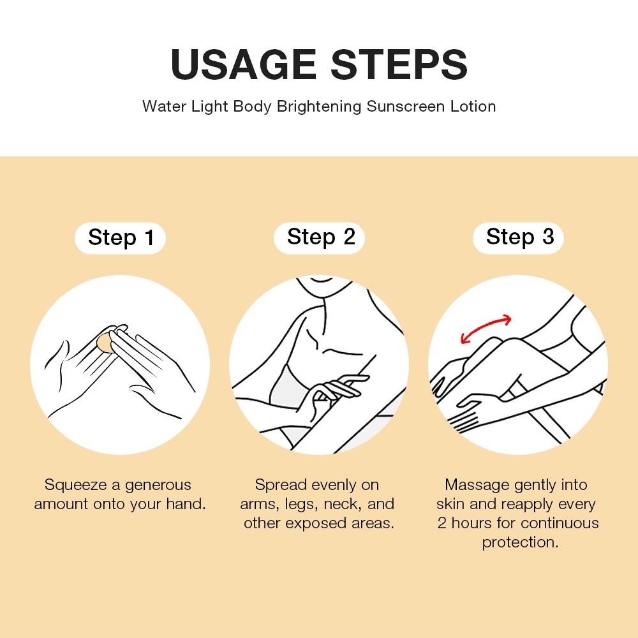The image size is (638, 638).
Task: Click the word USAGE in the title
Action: coord(243,64)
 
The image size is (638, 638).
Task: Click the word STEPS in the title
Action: coord(399,64)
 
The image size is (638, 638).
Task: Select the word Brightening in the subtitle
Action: coord(319,107)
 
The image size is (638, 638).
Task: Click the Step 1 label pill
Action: coord(121,238)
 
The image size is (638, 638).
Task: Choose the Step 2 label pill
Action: coord(320,237)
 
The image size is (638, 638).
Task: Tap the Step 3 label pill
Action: coord(518,237)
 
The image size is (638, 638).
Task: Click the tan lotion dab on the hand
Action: coord(105,343)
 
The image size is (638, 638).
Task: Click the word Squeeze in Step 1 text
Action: coord(76,485)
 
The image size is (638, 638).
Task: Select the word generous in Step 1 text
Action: coord(158,486)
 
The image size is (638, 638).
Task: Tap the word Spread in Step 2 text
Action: coord(281,485)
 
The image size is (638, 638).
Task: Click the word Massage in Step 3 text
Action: coord(477,485)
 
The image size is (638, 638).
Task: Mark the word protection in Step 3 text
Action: coord(520,543)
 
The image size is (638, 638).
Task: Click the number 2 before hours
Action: coord(442,523)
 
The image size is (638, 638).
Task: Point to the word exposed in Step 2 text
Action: coord(316,524)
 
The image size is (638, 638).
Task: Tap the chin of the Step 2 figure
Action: coord(322,280)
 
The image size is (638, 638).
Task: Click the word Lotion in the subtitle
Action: coord(473,107)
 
